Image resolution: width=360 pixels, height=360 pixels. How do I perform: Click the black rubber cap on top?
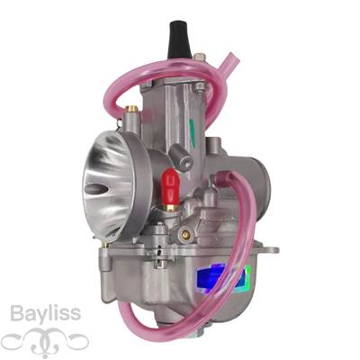tap(179, 40)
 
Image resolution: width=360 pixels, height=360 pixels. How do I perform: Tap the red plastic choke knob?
tap(170, 186)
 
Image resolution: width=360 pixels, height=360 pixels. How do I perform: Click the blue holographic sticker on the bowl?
tap(223, 278)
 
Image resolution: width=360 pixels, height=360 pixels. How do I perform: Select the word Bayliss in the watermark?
tap(45, 314)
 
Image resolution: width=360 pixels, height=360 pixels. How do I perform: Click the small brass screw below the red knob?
tap(186, 234)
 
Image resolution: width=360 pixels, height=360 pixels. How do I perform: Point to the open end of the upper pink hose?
tap(234, 58)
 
